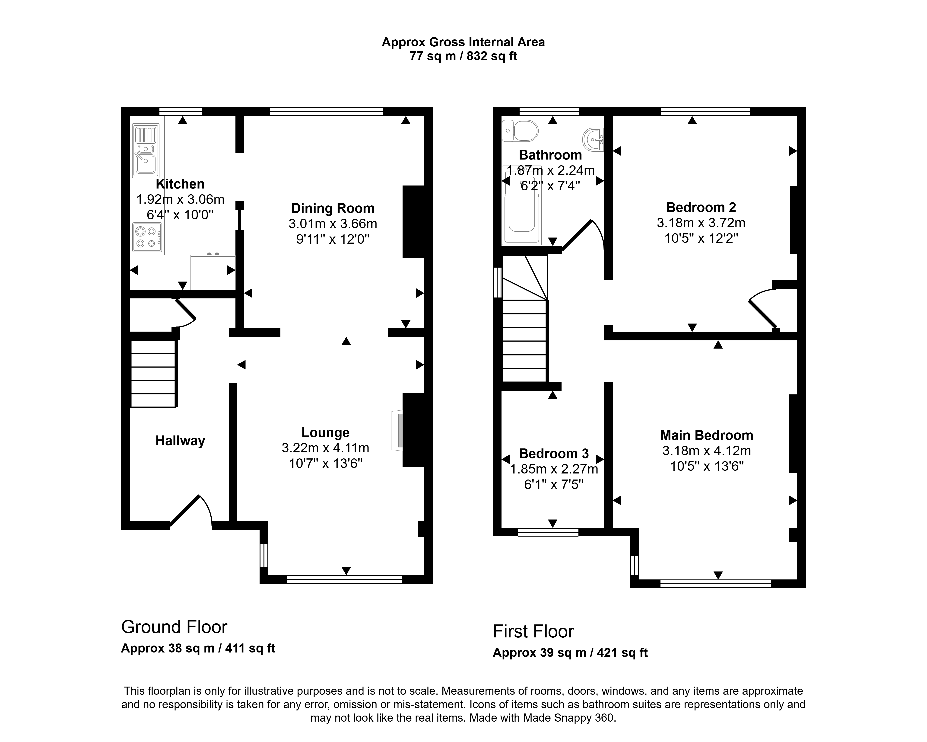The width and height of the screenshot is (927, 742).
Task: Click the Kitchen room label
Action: click(x=180, y=184)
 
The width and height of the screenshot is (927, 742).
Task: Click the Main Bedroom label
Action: click(x=706, y=435)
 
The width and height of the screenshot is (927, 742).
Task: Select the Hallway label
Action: click(x=180, y=441)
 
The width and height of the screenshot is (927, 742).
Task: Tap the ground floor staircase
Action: click(x=153, y=373)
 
